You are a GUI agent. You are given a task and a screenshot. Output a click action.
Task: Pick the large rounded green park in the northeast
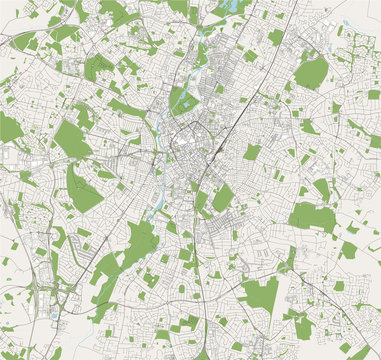pyautogui.click(x=311, y=71)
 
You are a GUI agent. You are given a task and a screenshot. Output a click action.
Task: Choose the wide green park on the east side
pyautogui.click(x=312, y=217)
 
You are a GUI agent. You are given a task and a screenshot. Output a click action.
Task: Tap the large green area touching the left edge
pyautogui.click(x=9, y=127)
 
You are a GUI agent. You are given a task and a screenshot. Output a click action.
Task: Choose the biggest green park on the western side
pyautogui.click(x=72, y=140)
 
